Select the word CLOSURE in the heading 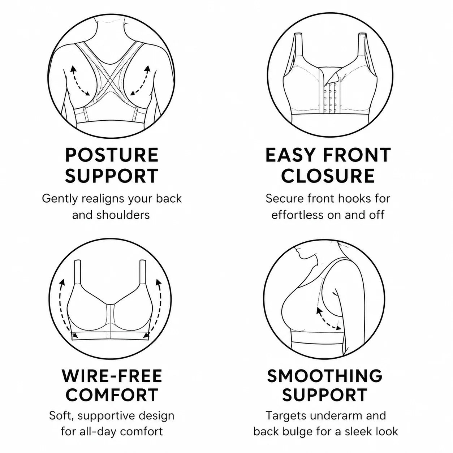click(x=328, y=176)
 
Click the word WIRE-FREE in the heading click(x=112, y=375)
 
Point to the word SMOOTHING click(x=325, y=375)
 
